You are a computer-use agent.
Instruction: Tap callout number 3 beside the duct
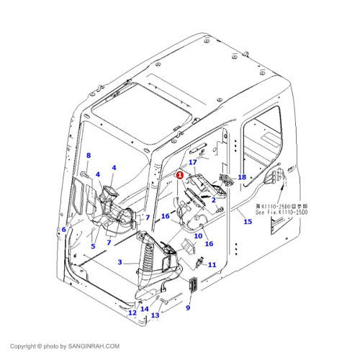coord(120,262)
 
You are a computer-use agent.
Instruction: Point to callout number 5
coord(92,246)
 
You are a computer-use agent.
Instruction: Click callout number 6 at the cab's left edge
coord(63,229)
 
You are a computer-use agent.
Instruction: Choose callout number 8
coord(89,156)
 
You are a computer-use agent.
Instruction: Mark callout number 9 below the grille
coord(188,308)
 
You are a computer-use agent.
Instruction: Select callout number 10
coord(197,236)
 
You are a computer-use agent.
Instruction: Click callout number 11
coord(212,266)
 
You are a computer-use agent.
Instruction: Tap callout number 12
coord(132,312)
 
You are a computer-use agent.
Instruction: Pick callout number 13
coord(155,315)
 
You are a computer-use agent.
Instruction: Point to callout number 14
coord(145,309)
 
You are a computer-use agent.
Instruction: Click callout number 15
coord(247,222)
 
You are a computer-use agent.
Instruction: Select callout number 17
coord(193,163)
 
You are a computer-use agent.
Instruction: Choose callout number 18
coord(242,177)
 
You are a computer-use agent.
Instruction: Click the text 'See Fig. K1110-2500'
coord(281,214)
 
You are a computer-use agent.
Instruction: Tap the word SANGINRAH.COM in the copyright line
coord(94,346)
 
